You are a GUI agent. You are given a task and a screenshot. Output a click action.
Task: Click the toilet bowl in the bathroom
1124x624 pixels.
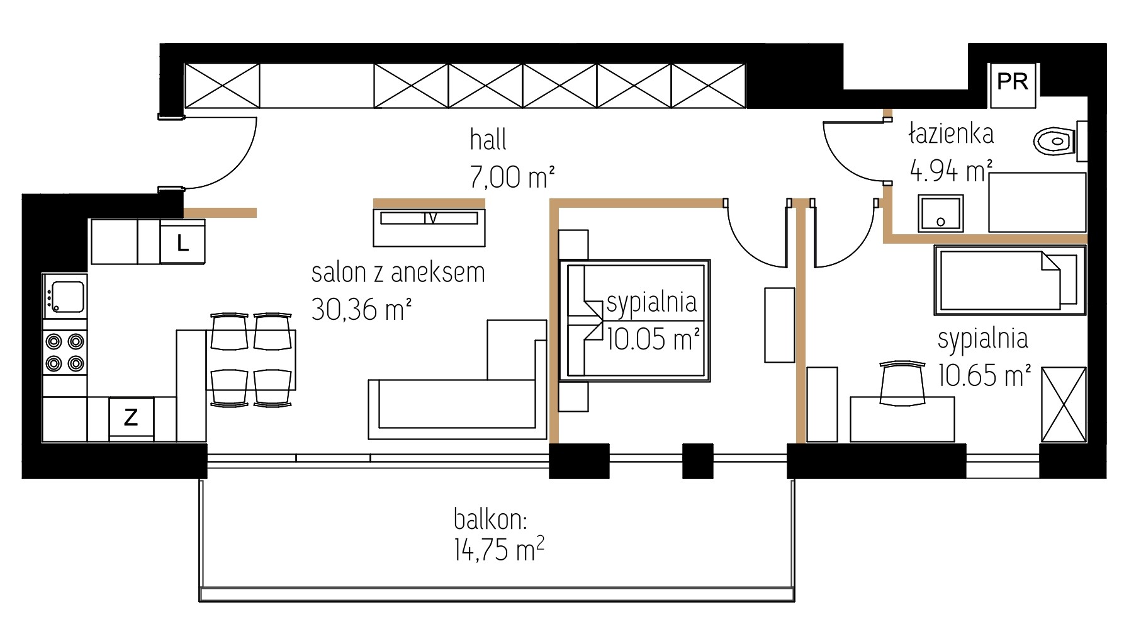[x=1054, y=142]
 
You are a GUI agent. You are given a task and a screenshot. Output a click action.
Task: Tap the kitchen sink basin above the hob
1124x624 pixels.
[x=67, y=296]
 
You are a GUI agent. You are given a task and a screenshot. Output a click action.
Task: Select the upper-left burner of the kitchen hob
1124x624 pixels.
[x=54, y=342]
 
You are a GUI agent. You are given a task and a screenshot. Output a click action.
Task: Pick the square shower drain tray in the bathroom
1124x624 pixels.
[x=940, y=213]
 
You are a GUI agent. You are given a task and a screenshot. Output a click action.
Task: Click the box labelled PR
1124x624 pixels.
[x=1013, y=85]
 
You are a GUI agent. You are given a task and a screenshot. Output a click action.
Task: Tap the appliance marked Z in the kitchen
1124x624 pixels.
[x=131, y=417]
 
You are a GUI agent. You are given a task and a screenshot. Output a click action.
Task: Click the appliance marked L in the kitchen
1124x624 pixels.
[x=183, y=242]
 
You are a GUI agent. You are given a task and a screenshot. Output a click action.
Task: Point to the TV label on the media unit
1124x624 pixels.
[x=430, y=218]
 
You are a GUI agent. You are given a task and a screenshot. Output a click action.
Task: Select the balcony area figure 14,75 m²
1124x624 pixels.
[x=498, y=550]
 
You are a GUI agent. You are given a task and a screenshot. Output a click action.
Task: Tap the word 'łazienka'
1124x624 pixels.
[x=951, y=133]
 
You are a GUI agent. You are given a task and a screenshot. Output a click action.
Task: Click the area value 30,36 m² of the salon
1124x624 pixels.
[x=361, y=309]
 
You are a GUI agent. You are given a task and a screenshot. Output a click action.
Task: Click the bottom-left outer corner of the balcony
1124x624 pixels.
[x=200, y=601]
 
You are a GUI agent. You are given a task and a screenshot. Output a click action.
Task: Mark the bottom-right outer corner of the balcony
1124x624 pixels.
[x=795, y=601]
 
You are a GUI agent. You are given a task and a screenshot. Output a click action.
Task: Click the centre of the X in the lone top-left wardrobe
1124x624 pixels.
[x=222, y=86]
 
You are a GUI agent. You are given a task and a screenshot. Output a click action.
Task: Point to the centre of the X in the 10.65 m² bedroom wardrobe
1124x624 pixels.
[x=1063, y=405]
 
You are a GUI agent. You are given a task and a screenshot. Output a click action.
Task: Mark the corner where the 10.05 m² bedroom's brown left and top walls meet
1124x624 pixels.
[x=554, y=203]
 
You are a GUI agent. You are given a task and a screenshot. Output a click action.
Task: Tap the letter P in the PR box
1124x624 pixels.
[x=1005, y=82]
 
